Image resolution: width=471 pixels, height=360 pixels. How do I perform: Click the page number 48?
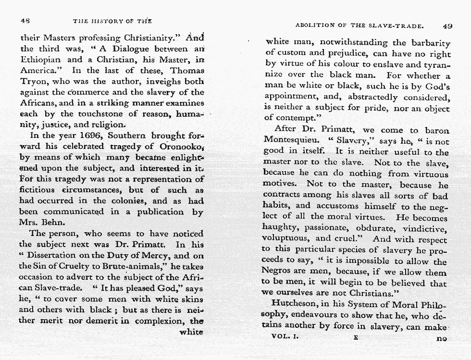click(25, 21)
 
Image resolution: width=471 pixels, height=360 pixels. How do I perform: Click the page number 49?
click(447, 26)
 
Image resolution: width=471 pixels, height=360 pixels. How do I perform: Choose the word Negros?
click(278, 272)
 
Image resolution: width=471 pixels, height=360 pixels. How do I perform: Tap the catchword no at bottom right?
click(441, 338)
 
